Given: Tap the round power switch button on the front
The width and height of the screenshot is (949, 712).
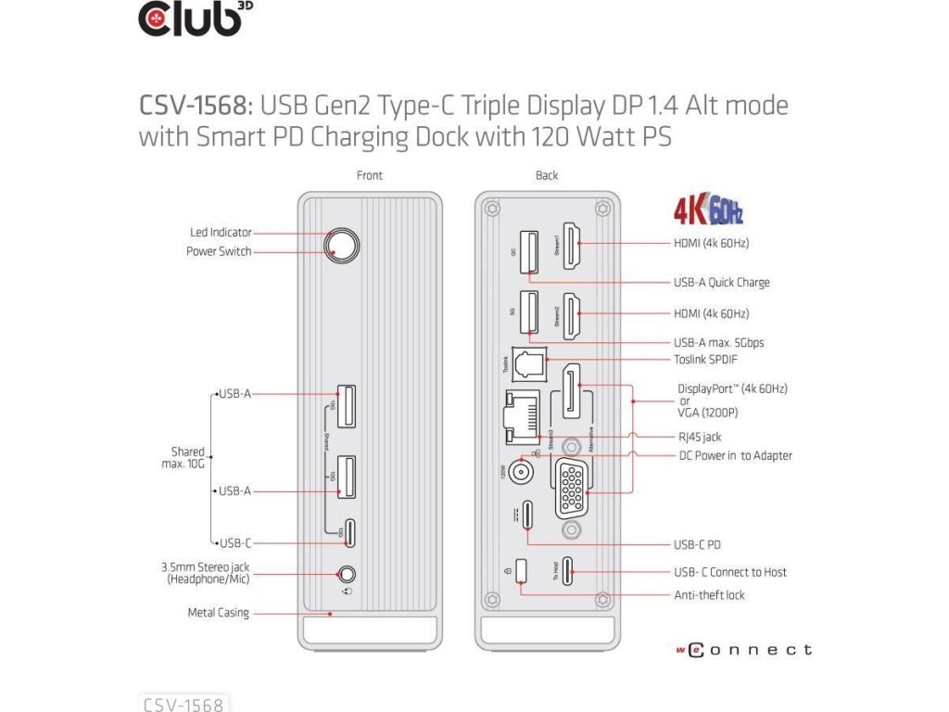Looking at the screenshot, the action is click(x=341, y=246).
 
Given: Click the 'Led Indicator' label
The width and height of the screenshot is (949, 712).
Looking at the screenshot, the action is click(x=221, y=233).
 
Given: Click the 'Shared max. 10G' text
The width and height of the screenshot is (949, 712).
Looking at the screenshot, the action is click(x=187, y=457).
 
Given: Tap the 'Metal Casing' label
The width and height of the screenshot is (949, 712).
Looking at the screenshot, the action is click(x=219, y=613).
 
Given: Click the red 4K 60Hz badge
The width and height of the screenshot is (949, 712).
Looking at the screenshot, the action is click(x=708, y=211).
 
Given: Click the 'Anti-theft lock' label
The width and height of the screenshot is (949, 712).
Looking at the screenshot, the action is click(x=709, y=594).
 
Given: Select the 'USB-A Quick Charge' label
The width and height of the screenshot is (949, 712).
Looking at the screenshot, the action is click(x=721, y=282).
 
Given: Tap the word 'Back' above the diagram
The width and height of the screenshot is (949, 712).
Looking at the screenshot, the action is click(x=547, y=175).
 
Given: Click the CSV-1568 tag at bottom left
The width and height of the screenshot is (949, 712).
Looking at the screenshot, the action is click(x=183, y=704).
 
